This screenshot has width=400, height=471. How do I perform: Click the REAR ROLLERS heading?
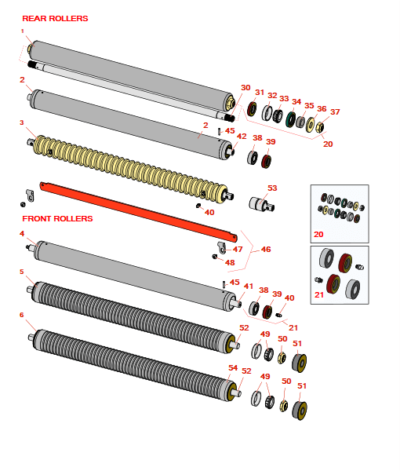tap(55, 19)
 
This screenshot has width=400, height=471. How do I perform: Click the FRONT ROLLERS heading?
tap(57, 219)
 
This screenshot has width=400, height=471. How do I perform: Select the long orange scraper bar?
tap(138, 211)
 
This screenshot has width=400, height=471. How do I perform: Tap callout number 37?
tap(335, 111)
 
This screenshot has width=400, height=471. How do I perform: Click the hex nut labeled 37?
tap(319, 127)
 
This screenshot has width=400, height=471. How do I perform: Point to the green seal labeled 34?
tap(290, 119)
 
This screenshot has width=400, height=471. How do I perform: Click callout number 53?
tap(272, 188)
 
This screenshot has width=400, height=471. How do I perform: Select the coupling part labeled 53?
tap(261, 204)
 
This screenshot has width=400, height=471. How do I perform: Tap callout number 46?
tap(266, 250)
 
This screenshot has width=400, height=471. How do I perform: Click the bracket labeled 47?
tap(221, 247)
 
